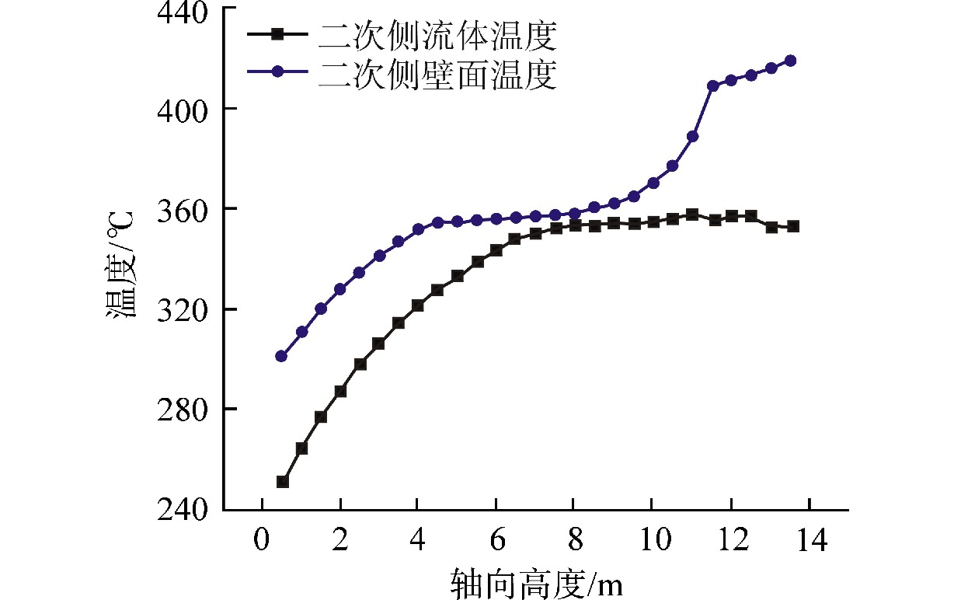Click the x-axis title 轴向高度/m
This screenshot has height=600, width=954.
pyautogui.click(x=536, y=581)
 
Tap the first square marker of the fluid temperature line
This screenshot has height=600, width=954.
pyautogui.click(x=283, y=482)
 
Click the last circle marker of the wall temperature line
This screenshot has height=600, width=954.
pyautogui.click(x=790, y=61)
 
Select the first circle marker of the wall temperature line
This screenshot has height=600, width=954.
pyautogui.click(x=281, y=356)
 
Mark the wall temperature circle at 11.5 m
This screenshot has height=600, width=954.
pyautogui.click(x=712, y=85)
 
